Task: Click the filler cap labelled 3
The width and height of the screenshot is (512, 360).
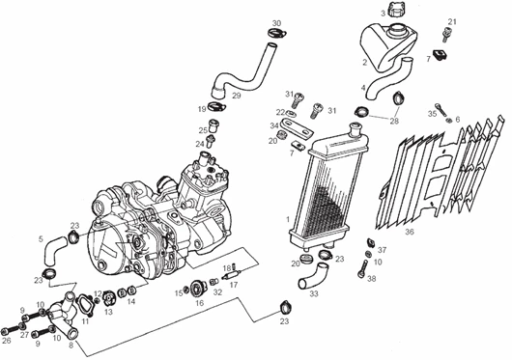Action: (396, 10)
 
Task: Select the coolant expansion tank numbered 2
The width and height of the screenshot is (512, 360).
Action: (387, 46)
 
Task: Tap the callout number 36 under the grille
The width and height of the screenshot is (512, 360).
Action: (410, 232)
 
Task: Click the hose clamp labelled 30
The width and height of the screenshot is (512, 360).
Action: (277, 33)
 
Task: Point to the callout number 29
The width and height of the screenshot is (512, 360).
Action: (237, 96)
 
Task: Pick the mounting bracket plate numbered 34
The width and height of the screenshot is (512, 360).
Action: (297, 127)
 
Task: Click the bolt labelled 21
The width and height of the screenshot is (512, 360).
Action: (445, 35)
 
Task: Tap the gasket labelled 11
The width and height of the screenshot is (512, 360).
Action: (85, 304)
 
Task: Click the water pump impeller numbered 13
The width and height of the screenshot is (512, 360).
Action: (108, 298)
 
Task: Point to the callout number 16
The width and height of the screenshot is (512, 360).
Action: (200, 303)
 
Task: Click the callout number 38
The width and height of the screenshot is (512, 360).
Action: (372, 279)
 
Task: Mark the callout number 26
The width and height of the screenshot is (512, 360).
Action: (7, 341)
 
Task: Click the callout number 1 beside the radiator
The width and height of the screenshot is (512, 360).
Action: (287, 219)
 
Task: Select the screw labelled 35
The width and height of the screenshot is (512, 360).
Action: (441, 110)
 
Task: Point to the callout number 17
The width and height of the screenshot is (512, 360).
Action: (234, 285)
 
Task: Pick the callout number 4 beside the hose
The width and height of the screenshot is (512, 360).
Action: (363, 88)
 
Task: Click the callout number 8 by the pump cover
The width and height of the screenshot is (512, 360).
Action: (71, 346)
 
